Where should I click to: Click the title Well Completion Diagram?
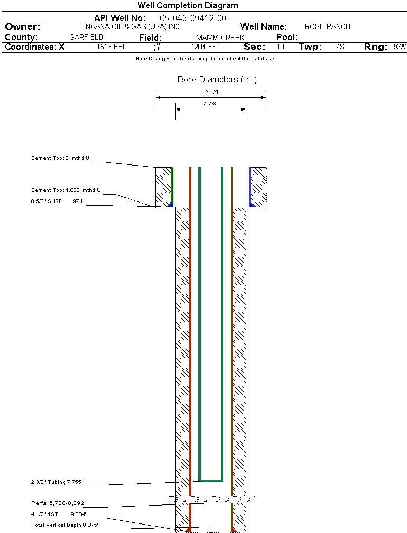(x=187, y=6)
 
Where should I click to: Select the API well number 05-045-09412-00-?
(x=194, y=18)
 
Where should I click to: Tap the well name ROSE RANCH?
(x=327, y=26)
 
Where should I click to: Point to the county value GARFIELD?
(x=86, y=38)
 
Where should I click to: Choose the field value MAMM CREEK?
(x=220, y=38)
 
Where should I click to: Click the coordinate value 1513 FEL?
(x=112, y=47)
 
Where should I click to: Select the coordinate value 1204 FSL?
(x=206, y=47)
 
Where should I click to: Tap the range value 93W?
(x=400, y=47)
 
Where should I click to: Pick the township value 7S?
(x=340, y=47)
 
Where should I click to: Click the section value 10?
(x=280, y=47)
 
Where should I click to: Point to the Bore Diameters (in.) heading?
(x=217, y=80)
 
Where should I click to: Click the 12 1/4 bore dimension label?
(x=211, y=93)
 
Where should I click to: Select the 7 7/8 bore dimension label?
(x=211, y=104)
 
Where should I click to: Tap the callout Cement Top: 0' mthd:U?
(x=61, y=158)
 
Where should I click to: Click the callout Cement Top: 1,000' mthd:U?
(x=66, y=190)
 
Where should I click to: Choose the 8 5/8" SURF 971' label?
(x=57, y=201)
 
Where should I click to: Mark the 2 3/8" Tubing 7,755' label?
(x=57, y=482)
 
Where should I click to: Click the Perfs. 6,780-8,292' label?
(x=58, y=503)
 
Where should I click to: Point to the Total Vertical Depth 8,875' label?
(x=65, y=525)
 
